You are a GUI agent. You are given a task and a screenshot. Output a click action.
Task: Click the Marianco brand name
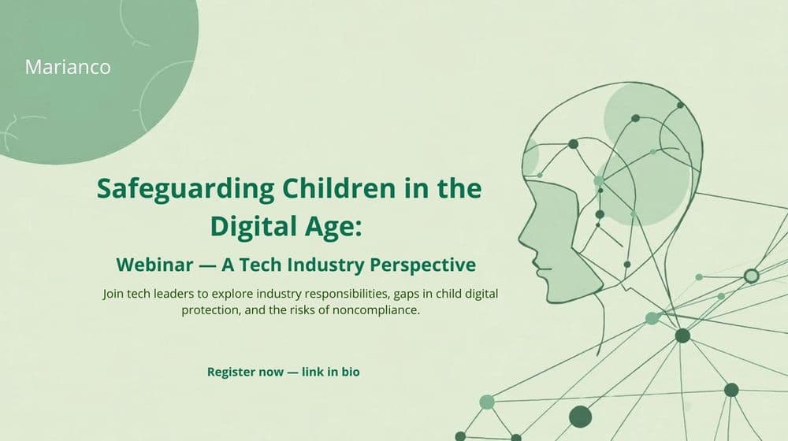(x=68, y=67)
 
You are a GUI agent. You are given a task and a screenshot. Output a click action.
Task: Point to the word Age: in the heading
(x=336, y=226)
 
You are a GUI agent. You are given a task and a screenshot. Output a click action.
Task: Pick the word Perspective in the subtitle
(x=431, y=263)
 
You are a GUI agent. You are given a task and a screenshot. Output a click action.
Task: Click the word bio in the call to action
(x=350, y=371)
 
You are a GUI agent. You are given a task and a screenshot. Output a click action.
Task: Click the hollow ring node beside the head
(x=751, y=276)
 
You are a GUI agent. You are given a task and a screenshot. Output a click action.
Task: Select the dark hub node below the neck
(x=682, y=335)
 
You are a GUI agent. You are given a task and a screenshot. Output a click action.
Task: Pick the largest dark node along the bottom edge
(x=580, y=416)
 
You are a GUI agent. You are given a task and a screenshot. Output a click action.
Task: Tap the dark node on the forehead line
(x=574, y=143)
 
